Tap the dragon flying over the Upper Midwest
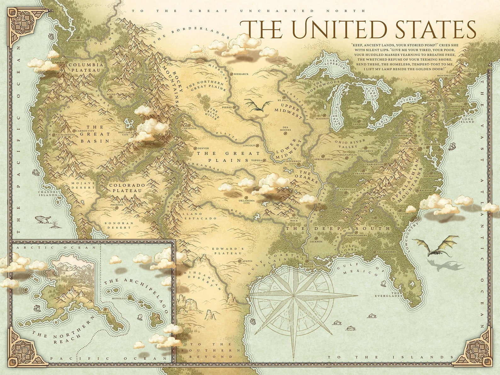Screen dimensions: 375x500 (x=258, y=106)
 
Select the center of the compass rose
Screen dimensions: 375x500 (x=293, y=296)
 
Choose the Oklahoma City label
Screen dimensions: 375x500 (x=247, y=202)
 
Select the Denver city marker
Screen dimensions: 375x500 (x=195, y=148)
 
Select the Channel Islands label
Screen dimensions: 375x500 (x=48, y=193)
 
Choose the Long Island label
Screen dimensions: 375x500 (x=468, y=120)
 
